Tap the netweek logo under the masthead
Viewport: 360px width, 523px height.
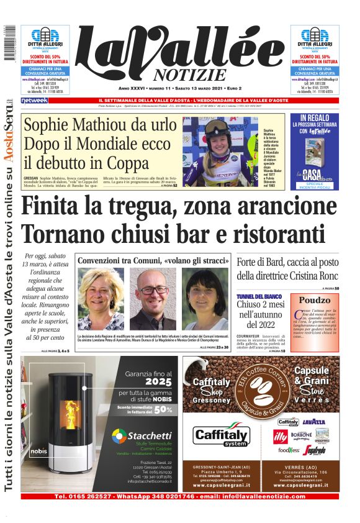(35, 100)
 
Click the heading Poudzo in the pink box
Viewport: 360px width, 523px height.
(315, 300)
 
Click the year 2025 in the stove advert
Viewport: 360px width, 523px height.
(159, 383)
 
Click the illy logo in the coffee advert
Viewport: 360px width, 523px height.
(281, 435)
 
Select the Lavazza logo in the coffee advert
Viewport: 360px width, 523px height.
(313, 422)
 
